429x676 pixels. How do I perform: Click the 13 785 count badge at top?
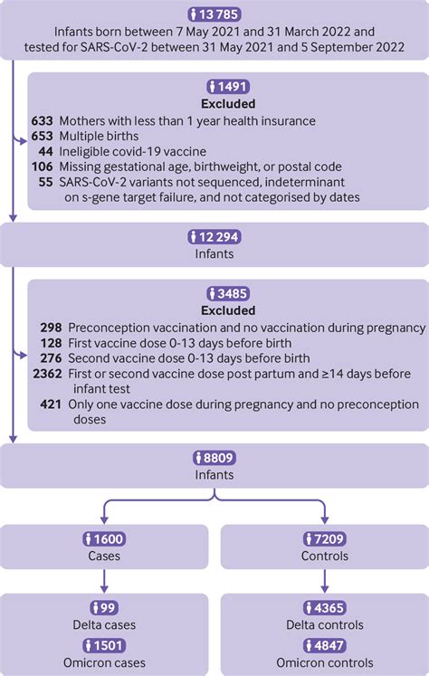tap(214, 14)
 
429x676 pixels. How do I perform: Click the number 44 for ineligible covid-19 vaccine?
tap(49, 151)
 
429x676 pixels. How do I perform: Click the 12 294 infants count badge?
tap(214, 236)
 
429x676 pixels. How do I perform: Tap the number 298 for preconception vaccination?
tap(52, 327)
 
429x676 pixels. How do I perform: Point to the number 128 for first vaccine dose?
tap(52, 343)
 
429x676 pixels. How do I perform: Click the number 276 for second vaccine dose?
tap(52, 358)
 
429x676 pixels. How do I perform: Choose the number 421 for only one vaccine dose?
tap(52, 405)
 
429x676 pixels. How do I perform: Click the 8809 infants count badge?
tap(214, 458)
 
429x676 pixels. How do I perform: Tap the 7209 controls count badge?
tap(323, 539)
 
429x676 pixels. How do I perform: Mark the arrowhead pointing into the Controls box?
tap(323, 520)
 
